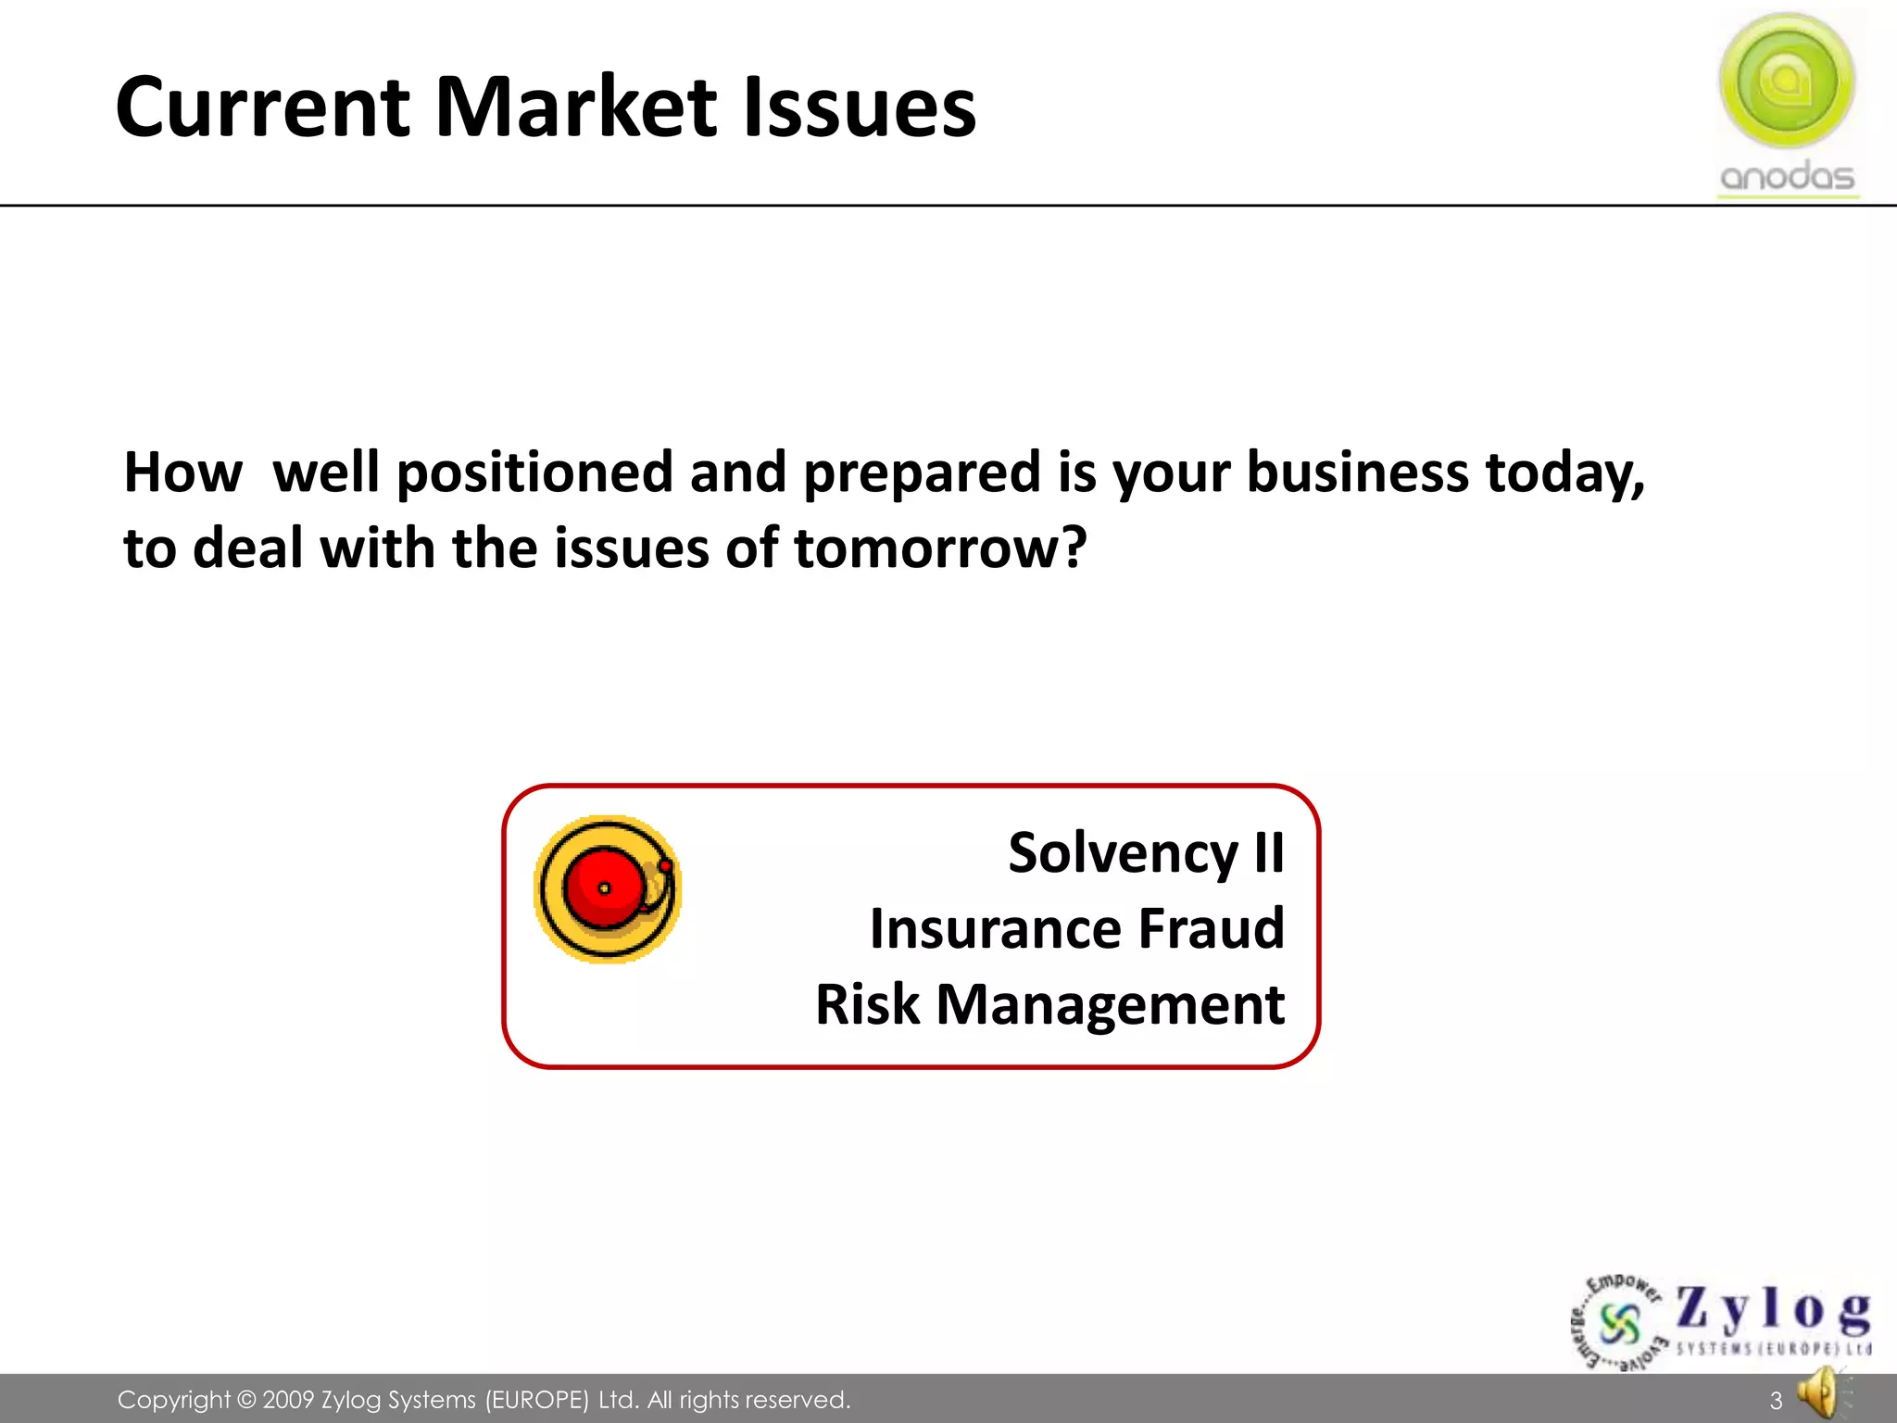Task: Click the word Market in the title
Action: coord(575,107)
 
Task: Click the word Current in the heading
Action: coord(262,107)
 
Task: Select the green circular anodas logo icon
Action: coord(1787,81)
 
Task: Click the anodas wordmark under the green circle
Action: coord(1787,176)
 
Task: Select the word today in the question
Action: coord(1564,474)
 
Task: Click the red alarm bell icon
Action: coord(608,889)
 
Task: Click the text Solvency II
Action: coord(1146,852)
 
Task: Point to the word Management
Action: coord(1110,1005)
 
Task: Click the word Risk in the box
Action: coord(867,1004)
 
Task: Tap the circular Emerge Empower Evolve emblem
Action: coord(1619,1324)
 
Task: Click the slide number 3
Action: coord(1776,1401)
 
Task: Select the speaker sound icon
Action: coord(1821,1394)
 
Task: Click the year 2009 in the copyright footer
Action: coord(289,1400)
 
